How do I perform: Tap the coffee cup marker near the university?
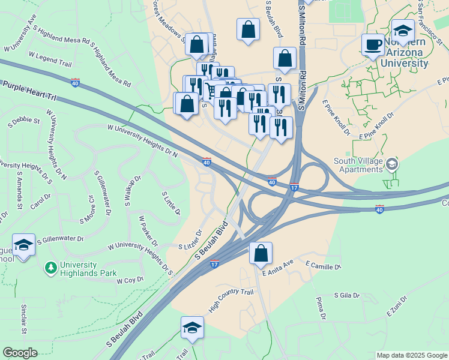tap(373, 44)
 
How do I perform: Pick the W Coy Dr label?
tap(130, 280)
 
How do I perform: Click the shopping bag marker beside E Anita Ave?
tap(261, 253)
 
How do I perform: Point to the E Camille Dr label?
tap(323, 265)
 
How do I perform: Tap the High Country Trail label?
tap(231, 300)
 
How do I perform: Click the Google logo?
tap(20, 353)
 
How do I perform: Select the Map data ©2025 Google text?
tap(412, 355)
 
